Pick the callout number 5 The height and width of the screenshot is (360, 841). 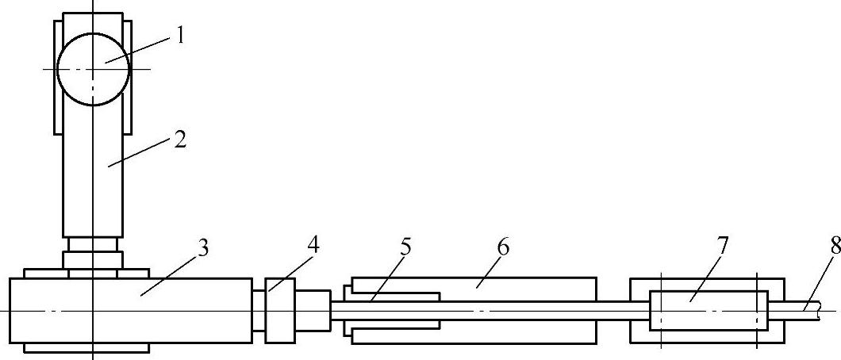pyautogui.click(x=406, y=247)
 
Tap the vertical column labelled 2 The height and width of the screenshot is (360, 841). pyautogui.click(x=93, y=182)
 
